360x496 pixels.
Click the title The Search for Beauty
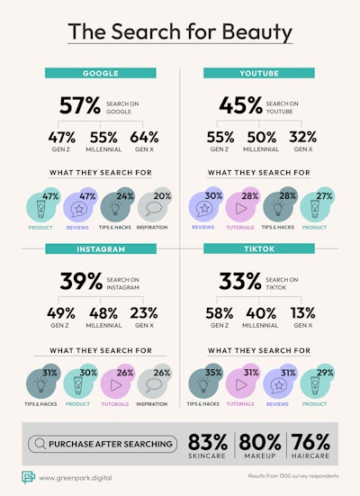click(180, 32)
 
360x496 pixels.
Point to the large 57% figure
click(78, 106)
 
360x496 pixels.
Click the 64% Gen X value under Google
click(143, 138)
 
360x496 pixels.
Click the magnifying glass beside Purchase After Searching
click(40, 444)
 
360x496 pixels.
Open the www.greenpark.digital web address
click(80, 476)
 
